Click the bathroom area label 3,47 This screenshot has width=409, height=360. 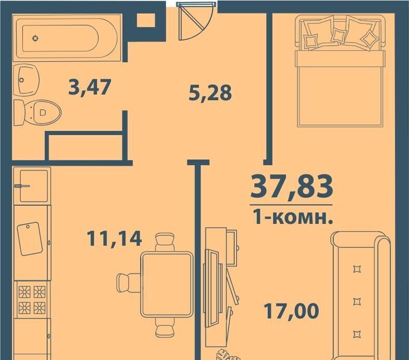pos(89,87)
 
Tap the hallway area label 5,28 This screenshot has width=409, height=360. pos(210,92)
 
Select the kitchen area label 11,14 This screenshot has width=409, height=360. pos(114,238)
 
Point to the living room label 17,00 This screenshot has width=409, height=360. pos(291,311)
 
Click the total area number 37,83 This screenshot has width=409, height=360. pos(291,186)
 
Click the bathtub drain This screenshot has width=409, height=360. pos(35,38)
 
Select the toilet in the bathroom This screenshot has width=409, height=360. pos(37,112)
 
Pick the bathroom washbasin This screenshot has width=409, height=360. pos(26,79)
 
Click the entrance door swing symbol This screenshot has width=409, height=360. pos(196,21)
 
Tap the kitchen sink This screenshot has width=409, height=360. pos(32,186)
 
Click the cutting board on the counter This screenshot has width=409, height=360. pos(30,238)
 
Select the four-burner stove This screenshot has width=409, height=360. pos(32,300)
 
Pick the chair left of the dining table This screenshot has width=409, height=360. pos(129,283)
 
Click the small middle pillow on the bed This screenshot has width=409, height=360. pos(339,35)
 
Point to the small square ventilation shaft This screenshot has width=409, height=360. pos(146,20)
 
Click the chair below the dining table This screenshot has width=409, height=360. pos(165,327)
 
